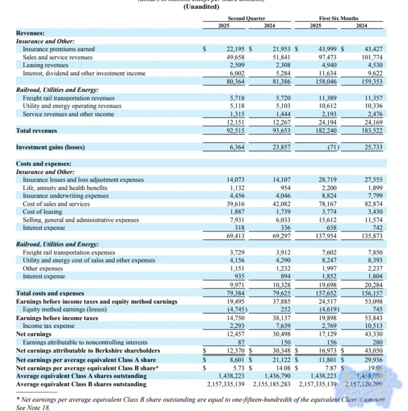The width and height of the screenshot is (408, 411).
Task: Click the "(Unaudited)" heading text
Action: [201, 6]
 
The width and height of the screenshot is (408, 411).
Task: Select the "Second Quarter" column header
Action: [246, 18]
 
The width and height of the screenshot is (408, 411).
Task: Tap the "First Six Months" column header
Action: [339, 18]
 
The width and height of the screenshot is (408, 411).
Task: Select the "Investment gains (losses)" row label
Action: [50, 147]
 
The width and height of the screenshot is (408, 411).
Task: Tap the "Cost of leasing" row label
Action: [43, 212]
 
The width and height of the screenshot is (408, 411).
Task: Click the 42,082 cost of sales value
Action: [281, 204]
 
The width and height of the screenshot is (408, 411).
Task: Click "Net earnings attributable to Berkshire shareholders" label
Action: [88, 351]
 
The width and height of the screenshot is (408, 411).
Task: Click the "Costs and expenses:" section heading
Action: [44, 163]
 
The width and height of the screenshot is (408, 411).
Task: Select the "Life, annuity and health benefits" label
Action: [65, 188]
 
